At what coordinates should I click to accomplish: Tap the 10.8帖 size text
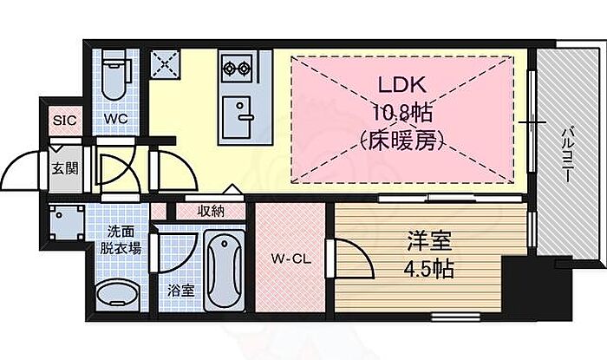pyautogui.click(x=398, y=113)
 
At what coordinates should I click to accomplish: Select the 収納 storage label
pyautogui.click(x=211, y=210)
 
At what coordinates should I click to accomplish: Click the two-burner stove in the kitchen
pyautogui.click(x=235, y=67)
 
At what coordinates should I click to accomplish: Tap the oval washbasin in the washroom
pyautogui.click(x=114, y=296)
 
